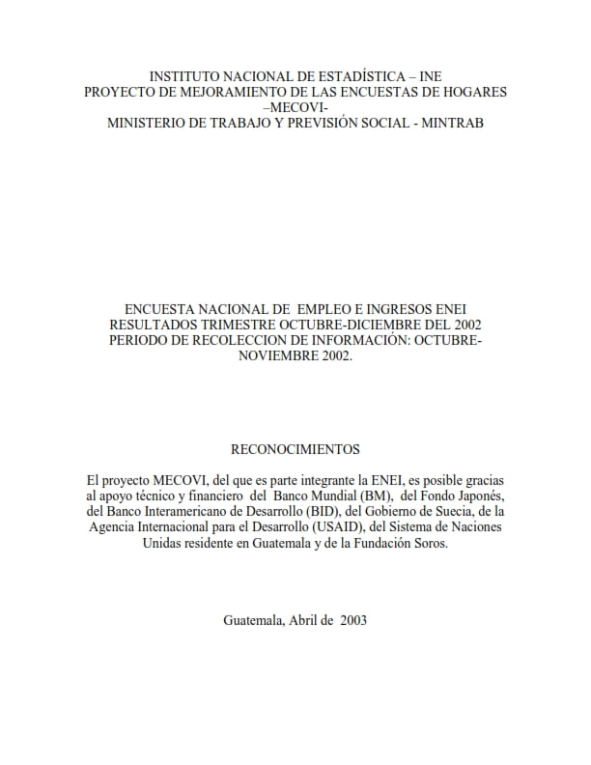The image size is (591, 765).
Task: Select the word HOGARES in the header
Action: [x=472, y=92]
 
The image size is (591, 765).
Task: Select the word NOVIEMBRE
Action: [x=276, y=355]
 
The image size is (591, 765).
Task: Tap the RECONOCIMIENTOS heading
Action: [x=295, y=449]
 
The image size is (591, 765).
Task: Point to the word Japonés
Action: [x=475, y=496]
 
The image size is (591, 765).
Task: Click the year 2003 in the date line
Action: [x=351, y=620]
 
